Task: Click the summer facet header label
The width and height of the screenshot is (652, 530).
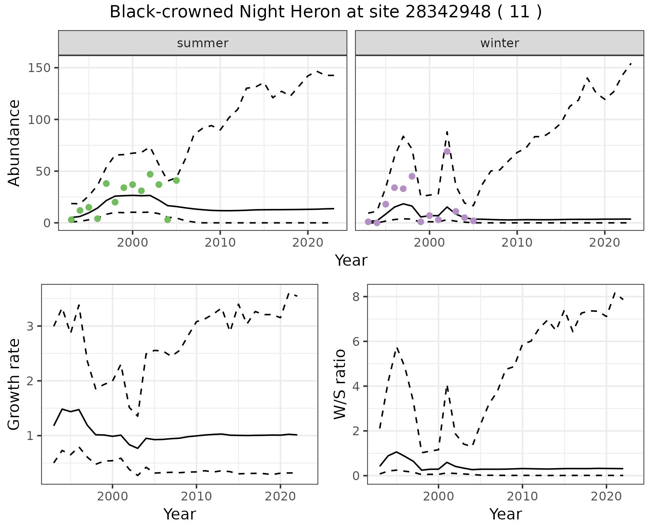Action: coord(203,43)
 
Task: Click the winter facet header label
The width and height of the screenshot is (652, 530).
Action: coord(500,43)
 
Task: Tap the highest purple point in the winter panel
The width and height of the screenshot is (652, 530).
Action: coord(447,152)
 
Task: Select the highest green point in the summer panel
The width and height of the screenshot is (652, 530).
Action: coord(150,174)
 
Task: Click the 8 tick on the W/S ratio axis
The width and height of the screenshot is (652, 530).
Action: coord(356,297)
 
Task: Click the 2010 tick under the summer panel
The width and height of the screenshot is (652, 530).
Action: coord(220,243)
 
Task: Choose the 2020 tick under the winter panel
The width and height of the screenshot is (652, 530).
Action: coord(604,243)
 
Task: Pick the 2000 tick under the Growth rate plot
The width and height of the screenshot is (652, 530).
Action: coord(112,496)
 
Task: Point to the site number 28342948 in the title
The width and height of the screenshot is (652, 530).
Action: coord(448,12)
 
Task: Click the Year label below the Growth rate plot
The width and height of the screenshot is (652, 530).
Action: coord(180,514)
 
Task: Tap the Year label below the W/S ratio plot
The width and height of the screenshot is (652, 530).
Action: coord(506,514)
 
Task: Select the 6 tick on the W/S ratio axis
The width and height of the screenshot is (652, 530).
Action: coord(356,341)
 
